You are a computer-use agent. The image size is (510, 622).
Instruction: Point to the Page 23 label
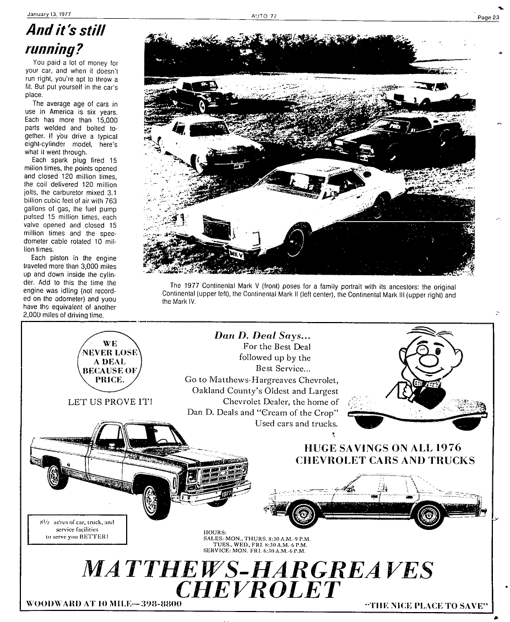(488, 18)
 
